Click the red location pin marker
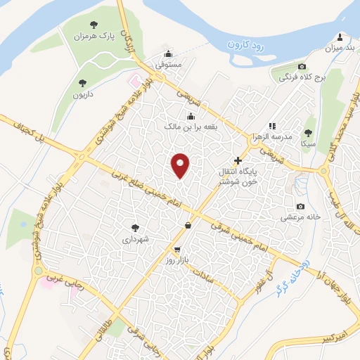(181, 165)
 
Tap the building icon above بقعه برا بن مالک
(191, 116)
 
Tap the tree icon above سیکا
(307, 131)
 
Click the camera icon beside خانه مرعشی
(301, 206)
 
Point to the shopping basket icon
(188, 225)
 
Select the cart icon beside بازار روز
(176, 249)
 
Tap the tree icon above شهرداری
(135, 227)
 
